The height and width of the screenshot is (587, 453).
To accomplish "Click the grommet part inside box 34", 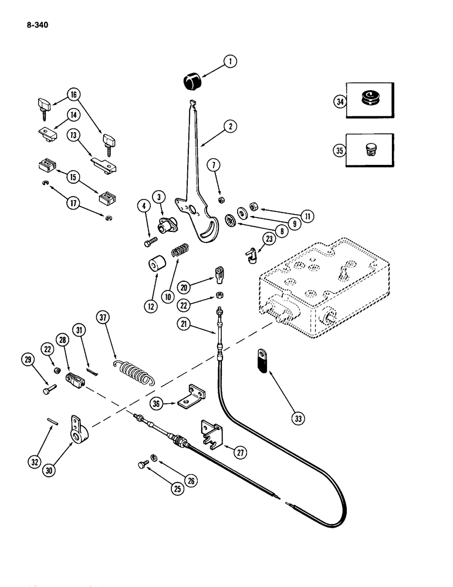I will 369,98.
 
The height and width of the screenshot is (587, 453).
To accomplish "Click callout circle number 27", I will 239,452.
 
